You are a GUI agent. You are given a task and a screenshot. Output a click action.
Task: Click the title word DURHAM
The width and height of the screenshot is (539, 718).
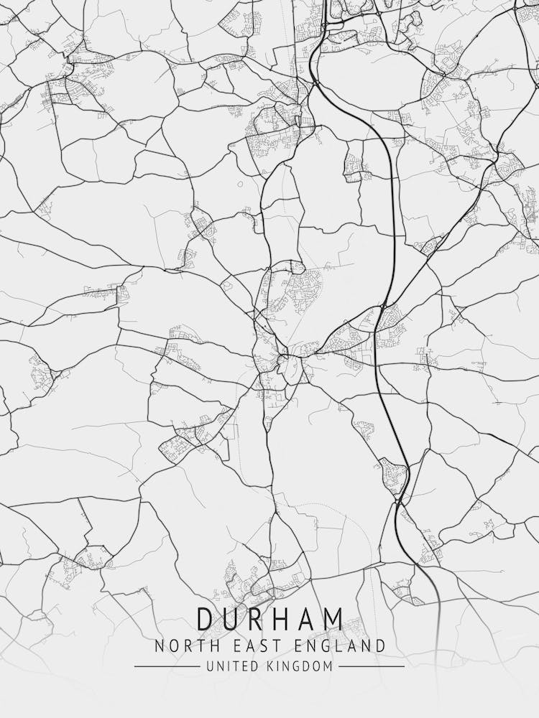pyautogui.click(x=269, y=619)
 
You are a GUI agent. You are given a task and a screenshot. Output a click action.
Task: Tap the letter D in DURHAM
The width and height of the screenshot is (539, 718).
pyautogui.click(x=205, y=619)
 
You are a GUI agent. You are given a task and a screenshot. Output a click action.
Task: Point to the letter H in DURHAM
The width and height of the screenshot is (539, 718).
pyautogui.click(x=282, y=619)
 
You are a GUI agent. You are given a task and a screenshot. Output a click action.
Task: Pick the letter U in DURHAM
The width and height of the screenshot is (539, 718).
pyautogui.click(x=230, y=619)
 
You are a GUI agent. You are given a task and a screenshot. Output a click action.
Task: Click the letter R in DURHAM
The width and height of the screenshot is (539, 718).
pyautogui.click(x=256, y=619)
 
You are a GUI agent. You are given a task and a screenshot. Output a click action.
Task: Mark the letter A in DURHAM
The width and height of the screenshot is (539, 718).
pyautogui.click(x=307, y=619)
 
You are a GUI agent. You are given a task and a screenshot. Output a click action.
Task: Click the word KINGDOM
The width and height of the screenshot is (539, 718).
pyautogui.click(x=300, y=666)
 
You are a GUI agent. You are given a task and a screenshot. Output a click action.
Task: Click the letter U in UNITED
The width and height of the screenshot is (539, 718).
pyautogui.click(x=209, y=666)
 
